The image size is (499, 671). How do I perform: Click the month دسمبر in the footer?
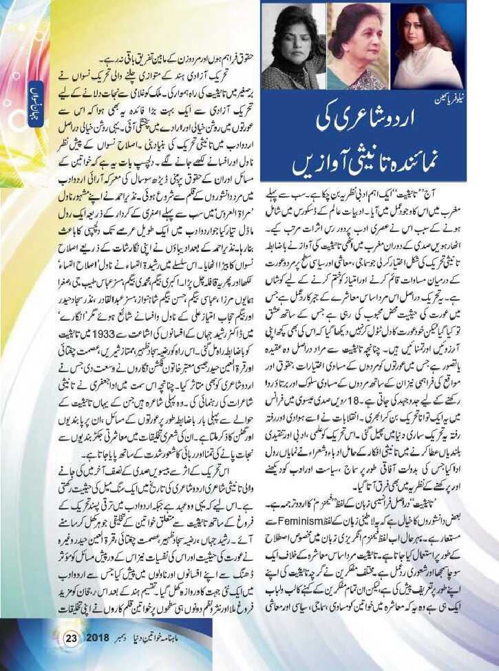pyautogui.click(x=127, y=638)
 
